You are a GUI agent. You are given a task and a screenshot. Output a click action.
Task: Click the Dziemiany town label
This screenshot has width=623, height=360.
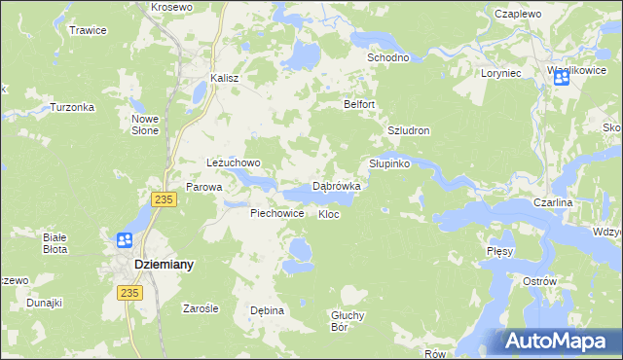(163, 264)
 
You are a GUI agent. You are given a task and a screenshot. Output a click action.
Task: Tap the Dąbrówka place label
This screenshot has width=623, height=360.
(337, 185)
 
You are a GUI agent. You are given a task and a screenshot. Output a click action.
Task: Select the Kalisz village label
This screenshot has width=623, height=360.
(225, 79)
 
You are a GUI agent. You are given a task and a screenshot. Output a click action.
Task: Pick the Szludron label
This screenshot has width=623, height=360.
(409, 130)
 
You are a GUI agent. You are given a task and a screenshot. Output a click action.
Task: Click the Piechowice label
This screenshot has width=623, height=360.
(277, 213)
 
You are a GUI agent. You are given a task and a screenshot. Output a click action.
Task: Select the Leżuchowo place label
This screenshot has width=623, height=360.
(234, 162)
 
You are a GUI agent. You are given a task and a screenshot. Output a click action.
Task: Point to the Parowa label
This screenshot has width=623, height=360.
(204, 187)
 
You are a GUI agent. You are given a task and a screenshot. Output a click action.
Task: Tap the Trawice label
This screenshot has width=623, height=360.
(88, 30)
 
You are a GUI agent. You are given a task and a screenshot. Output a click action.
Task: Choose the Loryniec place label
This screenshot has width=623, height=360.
(502, 73)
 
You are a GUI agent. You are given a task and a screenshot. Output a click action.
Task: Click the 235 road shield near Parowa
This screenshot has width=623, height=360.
(164, 198)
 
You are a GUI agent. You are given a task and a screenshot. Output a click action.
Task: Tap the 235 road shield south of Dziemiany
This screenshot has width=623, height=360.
(128, 292)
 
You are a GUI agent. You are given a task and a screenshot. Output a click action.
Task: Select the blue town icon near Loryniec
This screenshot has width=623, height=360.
(563, 80)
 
